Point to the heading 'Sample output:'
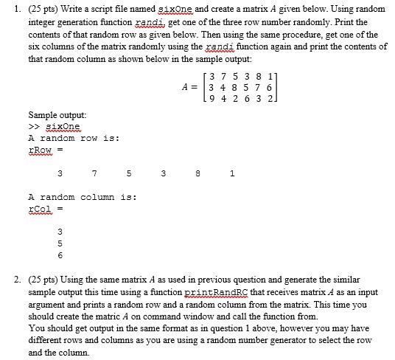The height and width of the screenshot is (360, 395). click(57, 115)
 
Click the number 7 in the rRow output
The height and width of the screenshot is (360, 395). click(96, 174)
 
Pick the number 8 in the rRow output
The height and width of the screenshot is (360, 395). click(198, 174)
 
